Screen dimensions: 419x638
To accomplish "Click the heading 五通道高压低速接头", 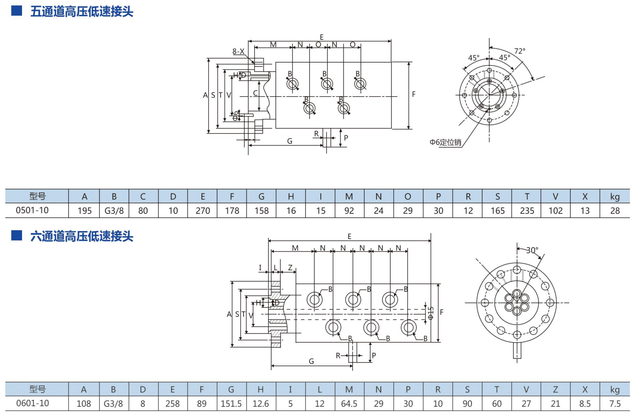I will coord(81,11).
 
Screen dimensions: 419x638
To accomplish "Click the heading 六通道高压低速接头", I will coord(81,236).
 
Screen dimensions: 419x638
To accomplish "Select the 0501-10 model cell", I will coord(32,210).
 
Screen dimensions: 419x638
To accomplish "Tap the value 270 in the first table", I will coord(202,211).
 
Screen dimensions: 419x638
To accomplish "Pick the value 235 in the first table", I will coord(527,211).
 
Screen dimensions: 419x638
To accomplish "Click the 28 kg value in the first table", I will coord(615,211).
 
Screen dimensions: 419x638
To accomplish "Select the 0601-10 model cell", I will coord(33,403).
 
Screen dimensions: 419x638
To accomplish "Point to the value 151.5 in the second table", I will coord(231,404).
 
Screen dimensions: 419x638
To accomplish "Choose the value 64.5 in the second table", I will coord(349,404).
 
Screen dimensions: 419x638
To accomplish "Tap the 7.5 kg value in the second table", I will coord(615,404).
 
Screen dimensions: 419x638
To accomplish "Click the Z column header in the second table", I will coord(555,389).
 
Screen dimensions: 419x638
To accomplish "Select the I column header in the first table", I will coord(320,196).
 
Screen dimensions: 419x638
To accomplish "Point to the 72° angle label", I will coord(520,51).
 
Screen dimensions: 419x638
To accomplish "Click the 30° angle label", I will coord(532,250).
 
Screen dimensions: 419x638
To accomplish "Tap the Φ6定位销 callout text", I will coord(445,142).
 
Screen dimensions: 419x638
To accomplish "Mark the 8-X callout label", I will coord(239,52).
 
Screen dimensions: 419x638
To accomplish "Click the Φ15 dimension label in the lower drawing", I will coord(431,313).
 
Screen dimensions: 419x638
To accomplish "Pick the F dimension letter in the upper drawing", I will coord(414,94).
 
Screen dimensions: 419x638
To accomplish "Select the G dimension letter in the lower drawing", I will coord(311,361).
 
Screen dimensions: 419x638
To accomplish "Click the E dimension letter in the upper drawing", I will coord(322,37).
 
